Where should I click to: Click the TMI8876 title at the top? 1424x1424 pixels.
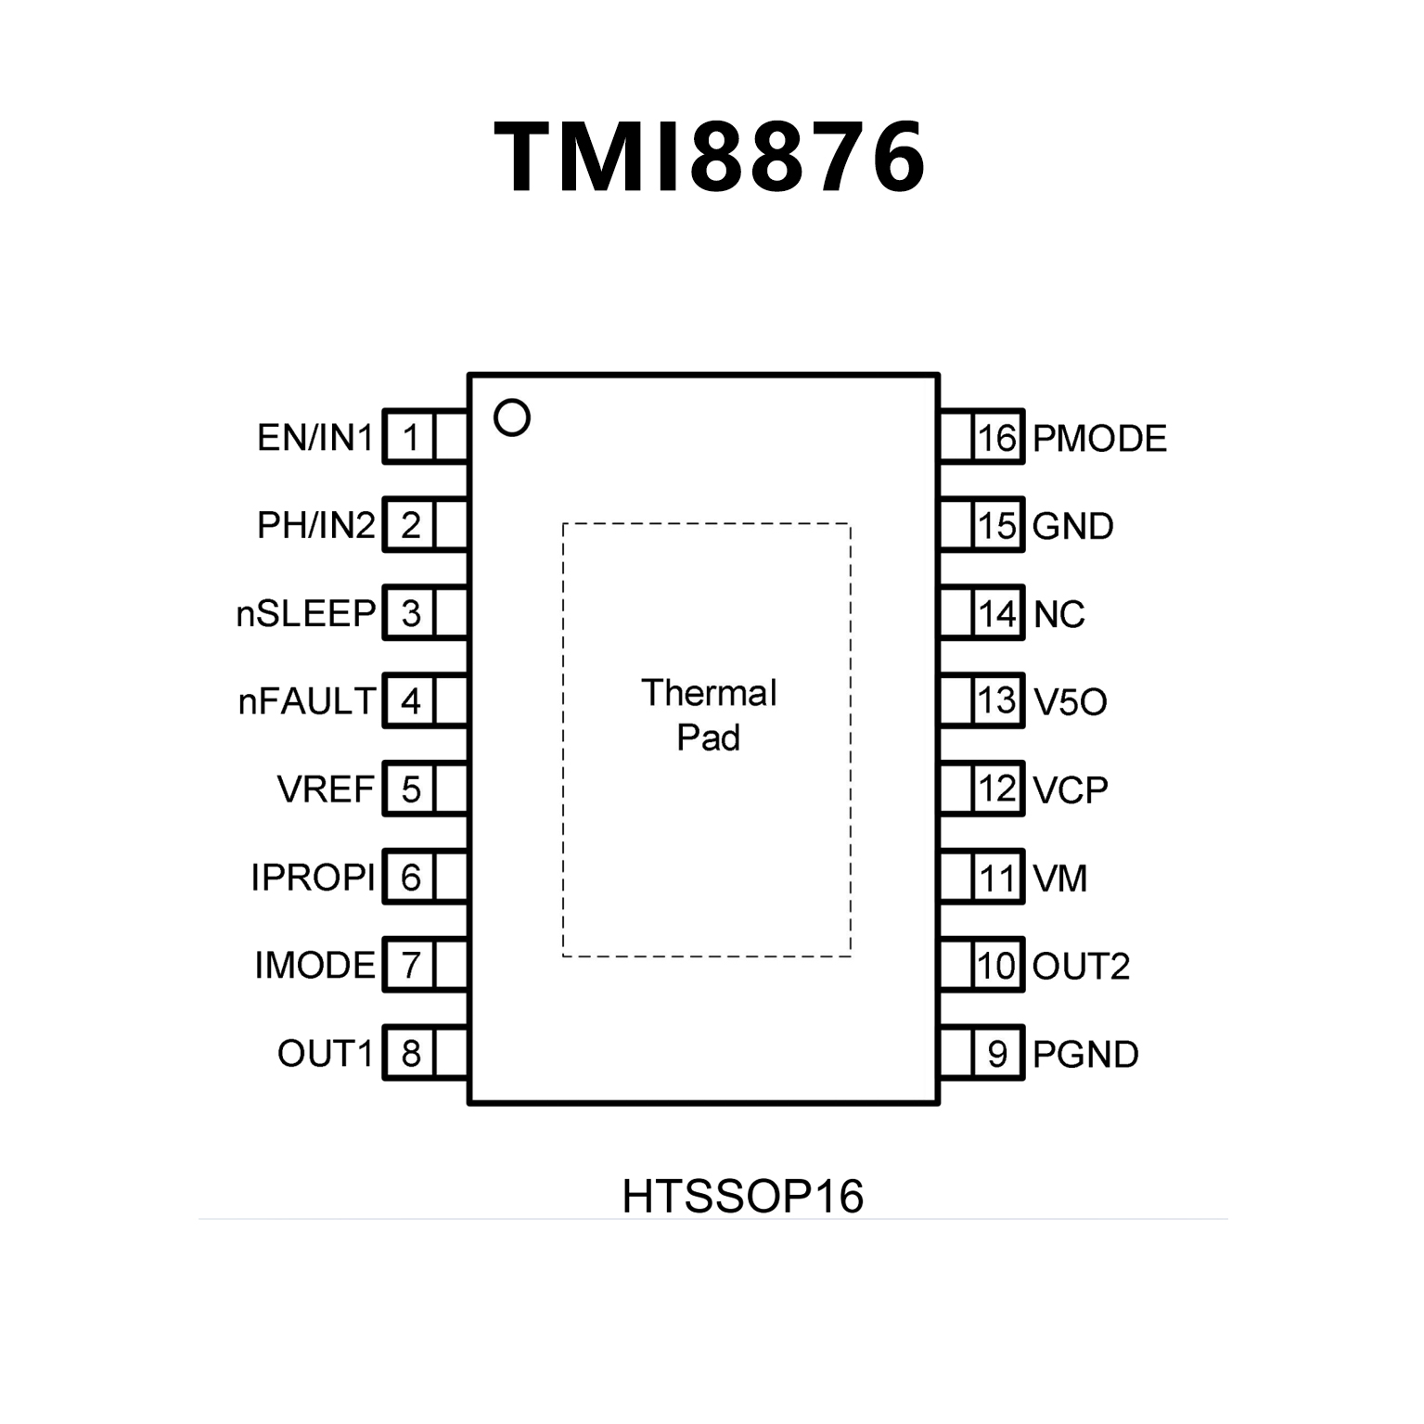point(710,157)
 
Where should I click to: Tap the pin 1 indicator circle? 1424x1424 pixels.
point(511,417)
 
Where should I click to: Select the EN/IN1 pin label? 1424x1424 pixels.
point(314,437)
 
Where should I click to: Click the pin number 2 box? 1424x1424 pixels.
point(410,525)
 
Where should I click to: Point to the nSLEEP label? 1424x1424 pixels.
point(306,613)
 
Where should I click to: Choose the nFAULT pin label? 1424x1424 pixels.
point(307,701)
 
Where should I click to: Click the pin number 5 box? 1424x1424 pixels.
point(410,789)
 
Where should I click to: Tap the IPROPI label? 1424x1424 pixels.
point(313,877)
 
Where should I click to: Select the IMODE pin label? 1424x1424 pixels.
point(314,965)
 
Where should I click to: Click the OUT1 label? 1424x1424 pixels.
point(325,1053)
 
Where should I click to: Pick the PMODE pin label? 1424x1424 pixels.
point(1099,438)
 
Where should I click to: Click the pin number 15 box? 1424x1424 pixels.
point(997,526)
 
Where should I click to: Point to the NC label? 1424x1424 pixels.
point(1058,614)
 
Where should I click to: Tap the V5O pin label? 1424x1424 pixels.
point(1070,702)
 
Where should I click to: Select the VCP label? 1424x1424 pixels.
point(1070,789)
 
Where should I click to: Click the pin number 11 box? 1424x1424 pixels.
point(997,878)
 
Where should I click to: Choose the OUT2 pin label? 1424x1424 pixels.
point(1081,966)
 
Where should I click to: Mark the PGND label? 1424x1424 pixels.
point(1085,1054)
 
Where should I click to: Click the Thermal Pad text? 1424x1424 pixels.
point(709,715)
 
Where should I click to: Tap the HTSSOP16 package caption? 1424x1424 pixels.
point(742,1196)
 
